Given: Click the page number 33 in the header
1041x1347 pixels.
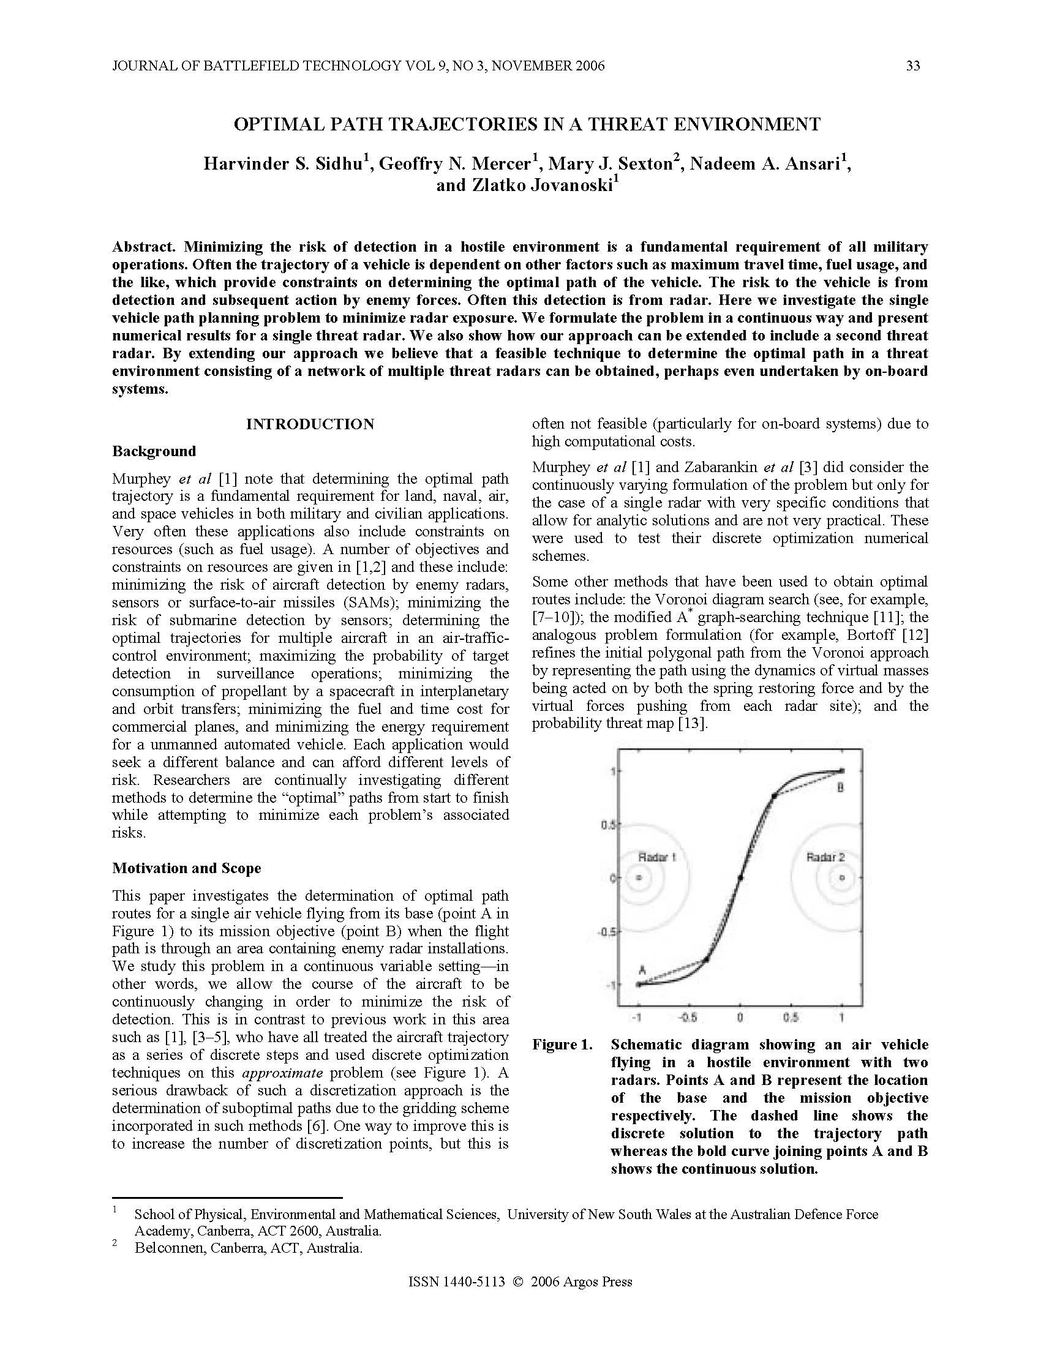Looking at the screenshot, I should [x=913, y=66].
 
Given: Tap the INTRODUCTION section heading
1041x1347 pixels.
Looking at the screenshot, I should [x=310, y=424].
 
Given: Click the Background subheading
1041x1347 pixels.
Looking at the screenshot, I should [x=154, y=451].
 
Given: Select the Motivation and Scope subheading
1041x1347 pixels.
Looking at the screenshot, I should [x=186, y=868].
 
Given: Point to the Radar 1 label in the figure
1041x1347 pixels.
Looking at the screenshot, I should [x=656, y=857].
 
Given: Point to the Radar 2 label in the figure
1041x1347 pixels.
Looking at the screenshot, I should [x=825, y=857].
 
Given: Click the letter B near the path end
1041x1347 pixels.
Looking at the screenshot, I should [x=840, y=787].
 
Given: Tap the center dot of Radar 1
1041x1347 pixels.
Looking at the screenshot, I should [x=639, y=877].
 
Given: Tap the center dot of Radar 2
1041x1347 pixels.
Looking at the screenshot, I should [x=842, y=877].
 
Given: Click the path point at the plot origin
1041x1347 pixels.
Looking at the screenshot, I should [x=740, y=877].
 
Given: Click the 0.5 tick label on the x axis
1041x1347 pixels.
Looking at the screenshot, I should [x=791, y=1017].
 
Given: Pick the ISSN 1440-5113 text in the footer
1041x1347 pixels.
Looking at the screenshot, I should [x=456, y=1282].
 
